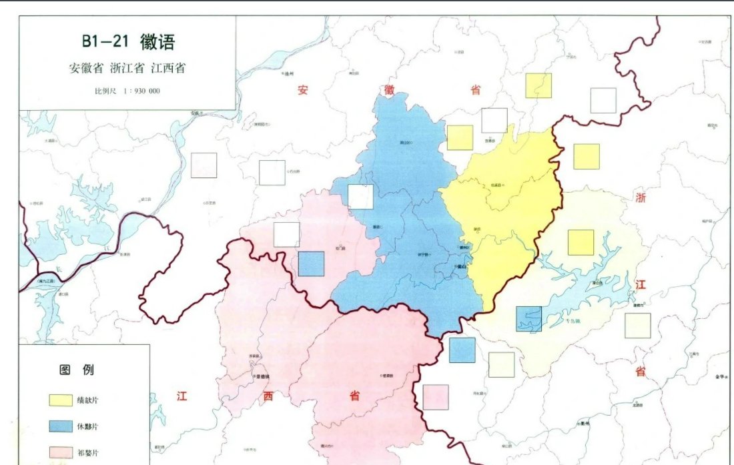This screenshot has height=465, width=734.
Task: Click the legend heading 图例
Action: (x=77, y=369)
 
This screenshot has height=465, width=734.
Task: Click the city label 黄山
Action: (x=460, y=266)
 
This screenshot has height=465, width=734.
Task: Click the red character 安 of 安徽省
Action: (x=304, y=90)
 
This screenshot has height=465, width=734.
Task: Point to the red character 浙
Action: (x=641, y=198)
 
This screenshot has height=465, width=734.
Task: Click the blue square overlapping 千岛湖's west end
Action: (x=528, y=319)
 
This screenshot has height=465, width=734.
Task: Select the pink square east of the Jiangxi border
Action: (x=436, y=398)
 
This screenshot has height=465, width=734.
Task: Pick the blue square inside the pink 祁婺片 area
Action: (x=311, y=264)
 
